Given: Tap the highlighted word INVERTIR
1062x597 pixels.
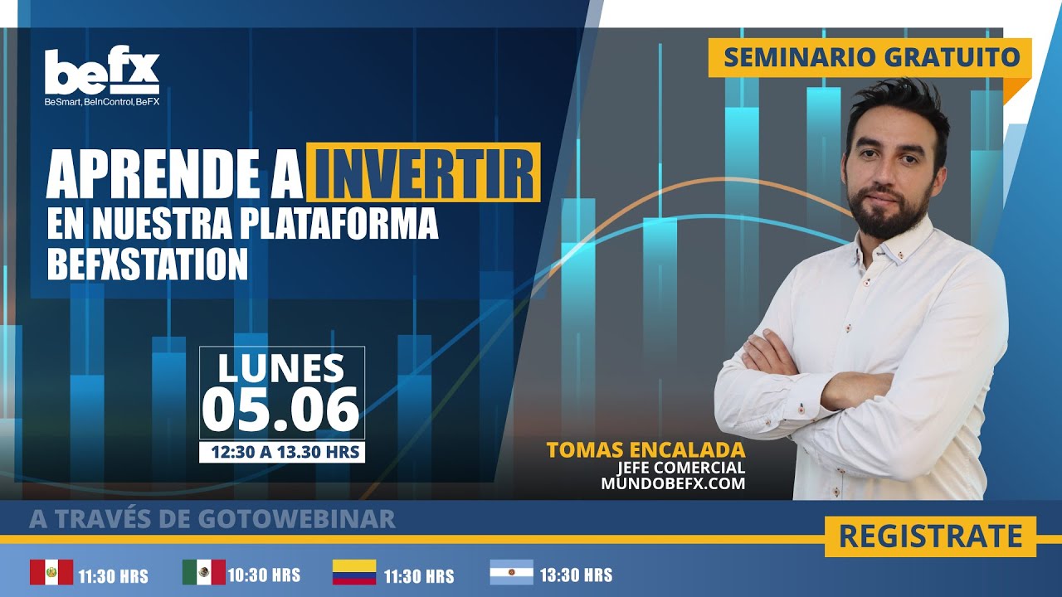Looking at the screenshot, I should [424, 172].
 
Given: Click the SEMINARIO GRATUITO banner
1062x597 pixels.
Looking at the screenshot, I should [870, 57].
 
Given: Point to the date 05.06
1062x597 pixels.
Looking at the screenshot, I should [281, 408].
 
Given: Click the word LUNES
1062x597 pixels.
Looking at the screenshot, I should [281, 367].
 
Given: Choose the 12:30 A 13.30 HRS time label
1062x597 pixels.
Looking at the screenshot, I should [281, 452].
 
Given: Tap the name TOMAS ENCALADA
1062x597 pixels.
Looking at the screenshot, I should [645, 450].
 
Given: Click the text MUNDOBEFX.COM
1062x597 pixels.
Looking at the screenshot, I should [674, 483].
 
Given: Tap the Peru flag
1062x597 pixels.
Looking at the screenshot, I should [51, 572].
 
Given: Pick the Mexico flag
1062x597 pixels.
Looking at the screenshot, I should [204, 572].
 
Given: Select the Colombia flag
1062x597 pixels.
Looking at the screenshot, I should [354, 572].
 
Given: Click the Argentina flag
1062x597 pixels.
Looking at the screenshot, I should [511, 572].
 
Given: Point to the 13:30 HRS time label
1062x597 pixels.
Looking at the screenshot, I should [576, 574].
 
